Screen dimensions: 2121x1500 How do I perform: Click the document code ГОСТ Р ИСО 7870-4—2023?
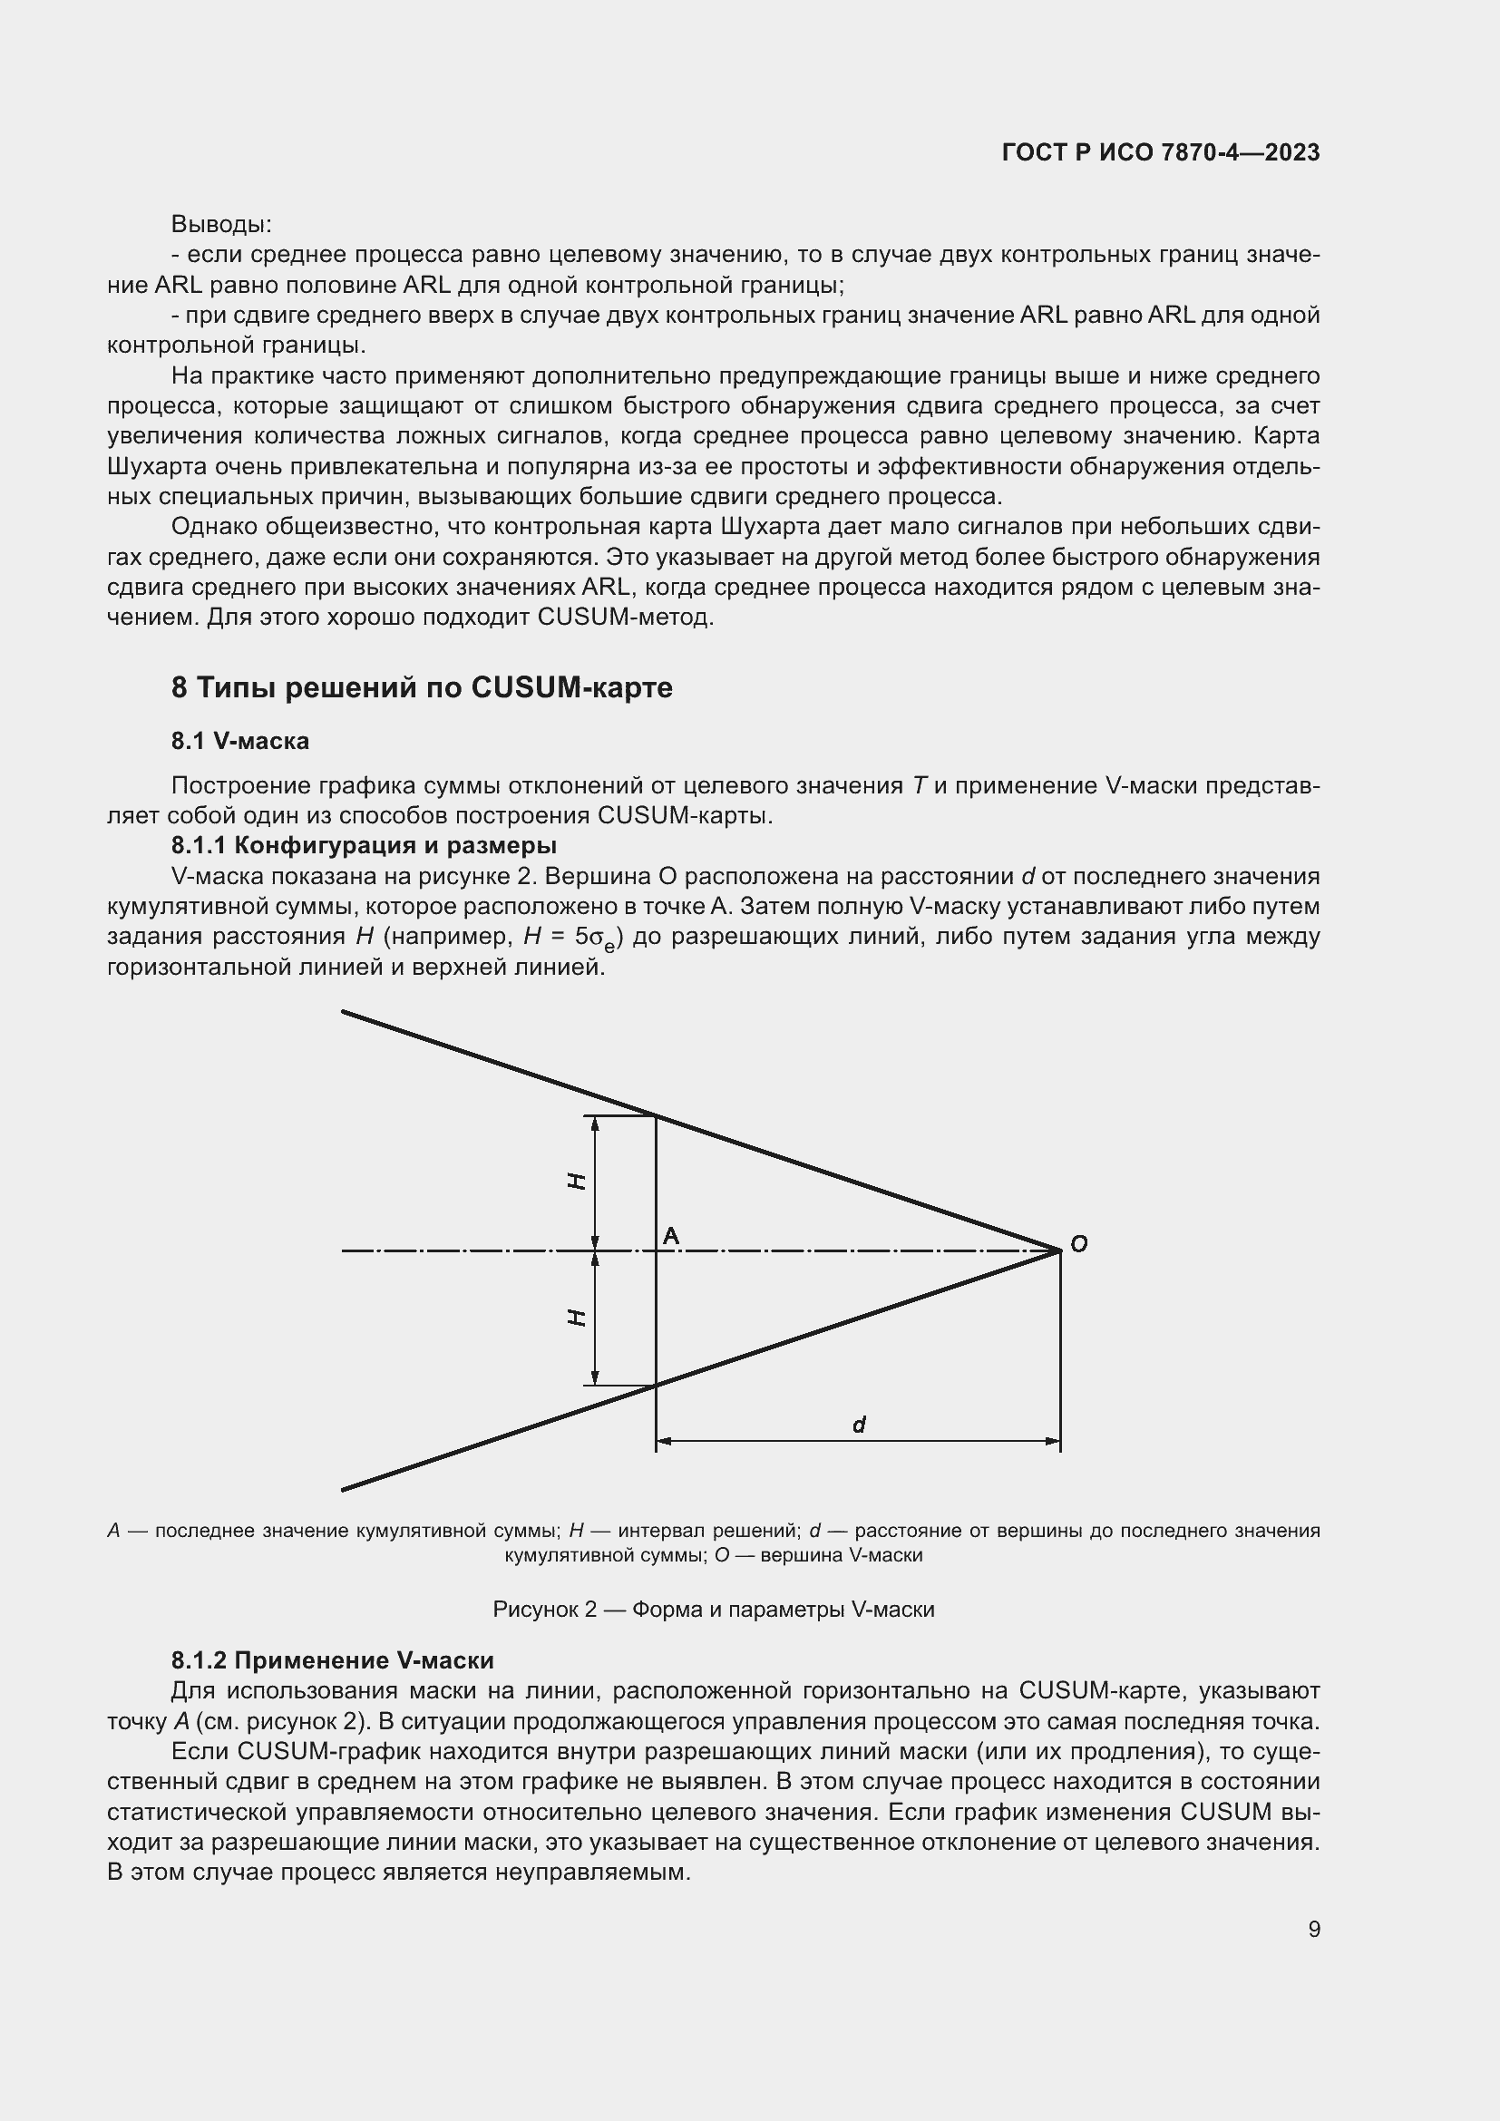click(1160, 153)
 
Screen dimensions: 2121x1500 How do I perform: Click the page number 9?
click(1313, 1929)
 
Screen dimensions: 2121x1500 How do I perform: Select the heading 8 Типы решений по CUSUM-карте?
click(422, 687)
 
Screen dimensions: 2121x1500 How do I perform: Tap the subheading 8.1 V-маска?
click(240, 741)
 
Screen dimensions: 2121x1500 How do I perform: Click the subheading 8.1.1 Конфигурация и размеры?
click(364, 845)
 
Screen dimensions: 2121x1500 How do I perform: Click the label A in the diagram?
click(671, 1236)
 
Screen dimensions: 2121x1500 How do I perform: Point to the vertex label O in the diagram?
click(1078, 1244)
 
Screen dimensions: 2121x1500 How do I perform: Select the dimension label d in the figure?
click(858, 1425)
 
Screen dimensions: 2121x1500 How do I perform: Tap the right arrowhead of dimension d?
click(1053, 1440)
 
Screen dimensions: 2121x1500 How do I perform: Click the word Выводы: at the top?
click(220, 225)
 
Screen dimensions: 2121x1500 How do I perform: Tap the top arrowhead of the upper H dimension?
click(595, 1123)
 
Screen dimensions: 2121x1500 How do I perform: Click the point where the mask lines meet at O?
click(1059, 1250)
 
